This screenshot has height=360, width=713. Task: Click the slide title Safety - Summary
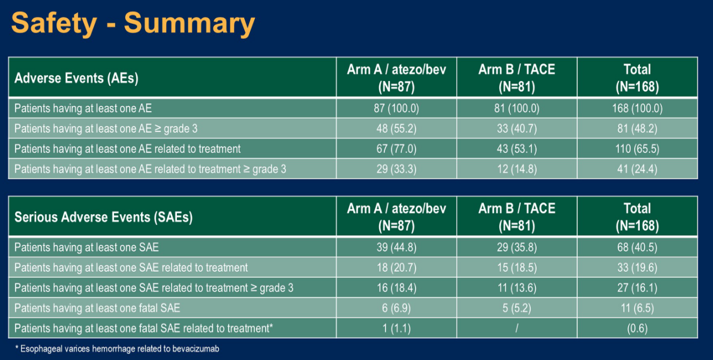point(133,23)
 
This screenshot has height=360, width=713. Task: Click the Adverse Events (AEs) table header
point(76,78)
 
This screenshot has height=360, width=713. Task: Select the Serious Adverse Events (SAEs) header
point(104,217)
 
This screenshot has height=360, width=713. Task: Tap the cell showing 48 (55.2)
point(396,129)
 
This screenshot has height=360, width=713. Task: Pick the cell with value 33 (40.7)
point(516,129)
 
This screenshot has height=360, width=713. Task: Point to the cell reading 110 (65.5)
point(637,149)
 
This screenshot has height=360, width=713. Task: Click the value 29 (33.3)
point(396,169)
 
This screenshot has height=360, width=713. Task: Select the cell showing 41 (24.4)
point(637,169)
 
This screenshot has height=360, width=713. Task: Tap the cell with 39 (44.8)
point(396,248)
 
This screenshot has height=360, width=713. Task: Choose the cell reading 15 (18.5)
point(516,268)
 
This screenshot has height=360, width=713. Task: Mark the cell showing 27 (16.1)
point(637,288)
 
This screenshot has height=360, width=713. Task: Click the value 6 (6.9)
point(396,308)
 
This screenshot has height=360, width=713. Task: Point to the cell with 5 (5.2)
point(516,308)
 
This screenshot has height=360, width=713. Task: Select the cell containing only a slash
point(516,329)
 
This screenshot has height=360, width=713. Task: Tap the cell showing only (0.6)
point(637,329)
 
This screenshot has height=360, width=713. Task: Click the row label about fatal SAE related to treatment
point(144,329)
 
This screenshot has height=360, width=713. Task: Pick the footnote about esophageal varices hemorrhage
point(118,349)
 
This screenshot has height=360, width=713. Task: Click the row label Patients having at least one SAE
point(87,248)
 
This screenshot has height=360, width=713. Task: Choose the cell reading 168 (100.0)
point(637,109)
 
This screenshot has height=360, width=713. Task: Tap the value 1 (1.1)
point(396,329)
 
